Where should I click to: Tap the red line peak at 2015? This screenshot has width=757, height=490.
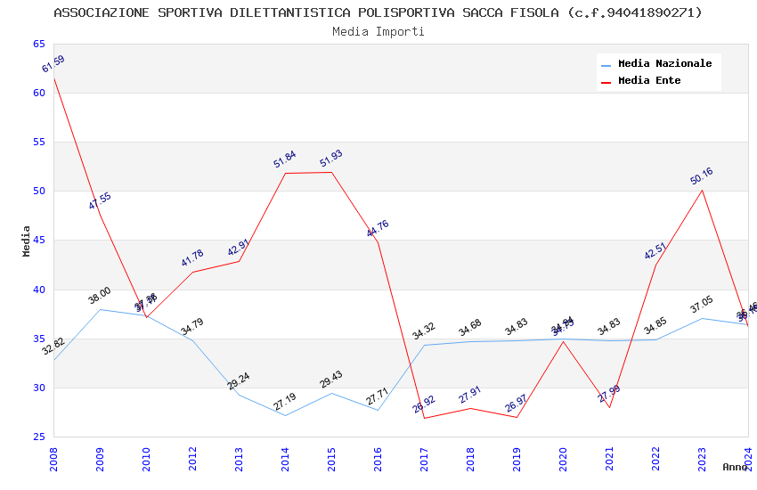[x=331, y=172]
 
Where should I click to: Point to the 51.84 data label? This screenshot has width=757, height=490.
[x=285, y=159]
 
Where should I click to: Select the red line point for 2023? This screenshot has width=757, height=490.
[x=702, y=190]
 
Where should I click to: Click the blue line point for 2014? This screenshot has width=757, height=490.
[x=285, y=415]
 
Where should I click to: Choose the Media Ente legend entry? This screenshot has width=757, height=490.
[x=649, y=81]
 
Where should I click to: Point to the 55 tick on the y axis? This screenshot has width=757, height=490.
[x=38, y=143]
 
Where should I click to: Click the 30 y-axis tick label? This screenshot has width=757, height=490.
[x=38, y=388]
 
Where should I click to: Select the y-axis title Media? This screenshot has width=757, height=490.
[x=26, y=241]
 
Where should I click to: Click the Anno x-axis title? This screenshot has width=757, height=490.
[x=735, y=467]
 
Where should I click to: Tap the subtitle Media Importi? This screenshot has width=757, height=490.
[x=378, y=32]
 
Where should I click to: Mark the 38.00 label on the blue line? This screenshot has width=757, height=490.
[x=100, y=295]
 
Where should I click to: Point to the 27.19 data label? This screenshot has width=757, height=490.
[x=285, y=402]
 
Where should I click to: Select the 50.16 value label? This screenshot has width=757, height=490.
[x=702, y=176]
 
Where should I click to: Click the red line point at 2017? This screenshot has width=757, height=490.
[x=424, y=418]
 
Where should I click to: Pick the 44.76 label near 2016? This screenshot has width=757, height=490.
[x=378, y=229]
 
